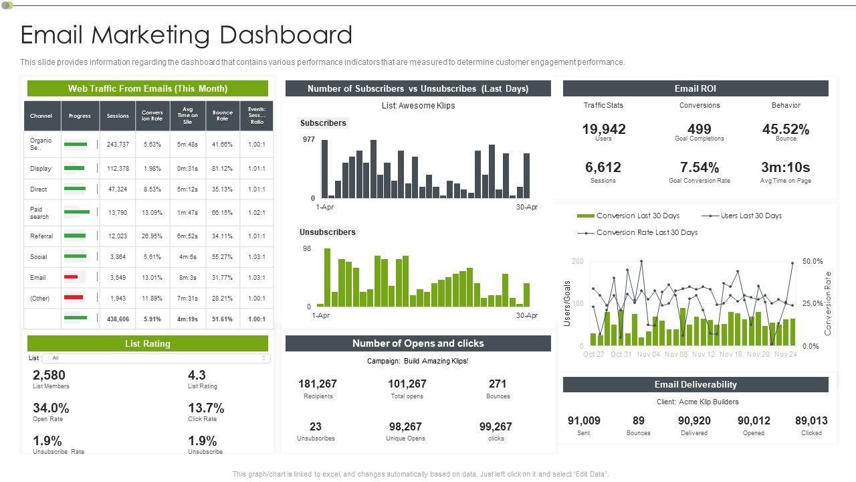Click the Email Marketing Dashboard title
187,35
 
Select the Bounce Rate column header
222,116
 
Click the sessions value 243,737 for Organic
118,145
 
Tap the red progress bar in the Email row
71,277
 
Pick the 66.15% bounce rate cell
222,213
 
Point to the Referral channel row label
41,236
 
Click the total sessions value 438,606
118,319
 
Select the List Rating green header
148,344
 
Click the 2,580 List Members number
49,376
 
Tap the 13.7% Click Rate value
206,408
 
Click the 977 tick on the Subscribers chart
308,140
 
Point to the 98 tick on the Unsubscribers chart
307,248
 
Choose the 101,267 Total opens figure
407,384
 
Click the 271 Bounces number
498,384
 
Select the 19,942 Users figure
603,129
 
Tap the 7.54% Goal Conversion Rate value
700,167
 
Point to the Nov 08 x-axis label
676,354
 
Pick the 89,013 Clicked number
811,421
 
